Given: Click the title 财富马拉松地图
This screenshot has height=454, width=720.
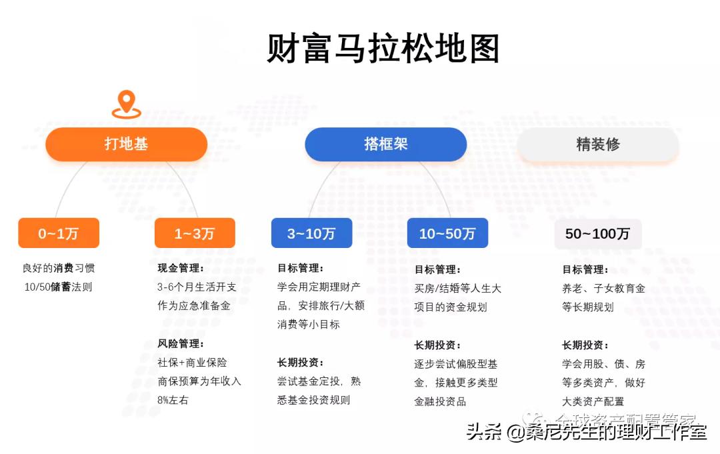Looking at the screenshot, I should [383, 49].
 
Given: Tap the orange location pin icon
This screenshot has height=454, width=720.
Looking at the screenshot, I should [126, 105].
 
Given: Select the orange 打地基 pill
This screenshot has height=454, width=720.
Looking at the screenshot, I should [126, 144].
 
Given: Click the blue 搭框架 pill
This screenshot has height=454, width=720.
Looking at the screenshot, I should [385, 144].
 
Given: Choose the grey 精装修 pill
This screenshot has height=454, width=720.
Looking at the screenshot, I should [598, 144].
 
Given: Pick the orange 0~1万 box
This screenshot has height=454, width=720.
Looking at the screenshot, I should [59, 233].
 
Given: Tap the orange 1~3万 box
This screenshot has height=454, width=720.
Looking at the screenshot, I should [195, 233].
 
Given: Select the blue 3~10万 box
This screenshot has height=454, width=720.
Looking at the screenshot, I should [311, 233].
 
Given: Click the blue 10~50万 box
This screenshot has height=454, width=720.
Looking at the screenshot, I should [447, 233].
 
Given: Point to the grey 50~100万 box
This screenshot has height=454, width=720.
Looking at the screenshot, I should [598, 234].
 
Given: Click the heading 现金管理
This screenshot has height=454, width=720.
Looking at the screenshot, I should [181, 269].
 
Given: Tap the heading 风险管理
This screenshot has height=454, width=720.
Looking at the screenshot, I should [181, 344].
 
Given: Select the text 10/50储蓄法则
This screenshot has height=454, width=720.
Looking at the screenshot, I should [59, 287].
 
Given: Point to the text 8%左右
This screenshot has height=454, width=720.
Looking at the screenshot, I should [173, 400].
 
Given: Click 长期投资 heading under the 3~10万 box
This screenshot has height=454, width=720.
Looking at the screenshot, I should [301, 363].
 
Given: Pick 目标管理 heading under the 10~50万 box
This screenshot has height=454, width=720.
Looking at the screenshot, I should [437, 270].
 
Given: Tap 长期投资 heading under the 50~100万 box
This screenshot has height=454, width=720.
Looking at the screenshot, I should [585, 345].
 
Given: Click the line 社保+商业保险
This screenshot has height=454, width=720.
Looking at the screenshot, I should [192, 363].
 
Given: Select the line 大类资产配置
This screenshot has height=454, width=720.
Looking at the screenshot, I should [593, 401].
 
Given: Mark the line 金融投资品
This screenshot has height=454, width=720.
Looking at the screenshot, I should [440, 401].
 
